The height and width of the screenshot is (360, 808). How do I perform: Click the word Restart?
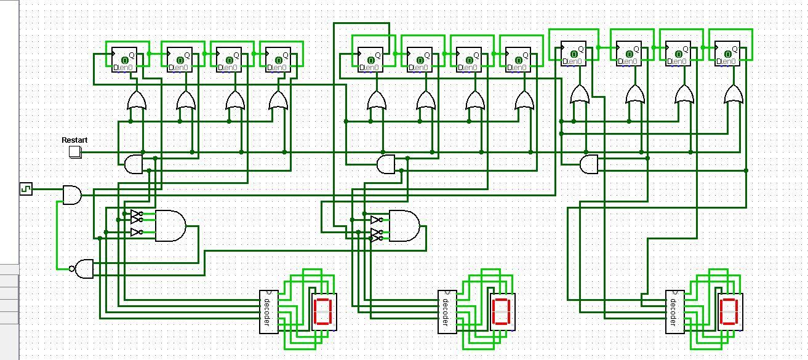pos(74,140)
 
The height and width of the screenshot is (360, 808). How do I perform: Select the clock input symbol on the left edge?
pos(25,189)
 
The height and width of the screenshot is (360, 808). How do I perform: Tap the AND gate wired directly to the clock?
pos(72,195)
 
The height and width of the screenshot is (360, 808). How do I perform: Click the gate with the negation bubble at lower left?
pos(84,269)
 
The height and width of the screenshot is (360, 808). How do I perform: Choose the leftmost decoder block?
pos(268,311)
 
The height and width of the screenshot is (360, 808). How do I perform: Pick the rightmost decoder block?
pos(674,311)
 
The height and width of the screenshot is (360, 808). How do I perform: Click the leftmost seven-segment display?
pos(324,311)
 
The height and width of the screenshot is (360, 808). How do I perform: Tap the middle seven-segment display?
pos(502,311)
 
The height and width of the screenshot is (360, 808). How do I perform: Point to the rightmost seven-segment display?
pos(730,311)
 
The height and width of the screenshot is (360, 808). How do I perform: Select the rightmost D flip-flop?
pos(727,54)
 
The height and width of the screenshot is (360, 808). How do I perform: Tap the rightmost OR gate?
pos(733,95)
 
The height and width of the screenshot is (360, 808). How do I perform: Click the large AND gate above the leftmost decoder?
pos(170,226)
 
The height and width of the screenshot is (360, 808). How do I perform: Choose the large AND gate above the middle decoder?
pos(404,226)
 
